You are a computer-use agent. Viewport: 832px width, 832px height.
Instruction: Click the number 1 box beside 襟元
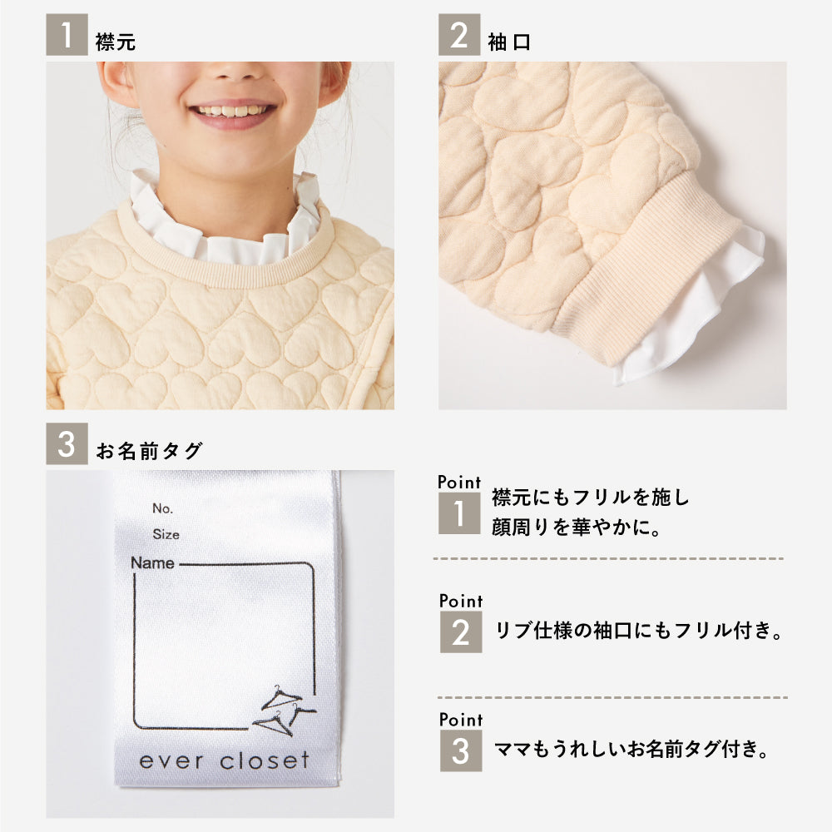(x=67, y=34)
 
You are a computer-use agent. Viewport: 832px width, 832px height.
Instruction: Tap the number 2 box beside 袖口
(x=459, y=34)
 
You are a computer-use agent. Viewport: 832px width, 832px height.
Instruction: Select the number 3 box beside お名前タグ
(x=67, y=443)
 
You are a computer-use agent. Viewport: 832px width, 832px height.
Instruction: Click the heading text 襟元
(x=116, y=42)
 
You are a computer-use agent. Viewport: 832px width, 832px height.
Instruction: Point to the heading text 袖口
(x=509, y=42)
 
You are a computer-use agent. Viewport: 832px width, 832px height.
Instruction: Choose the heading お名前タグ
(x=149, y=451)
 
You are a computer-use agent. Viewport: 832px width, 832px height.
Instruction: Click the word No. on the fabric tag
(x=162, y=508)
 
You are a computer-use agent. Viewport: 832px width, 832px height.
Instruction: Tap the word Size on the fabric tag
(x=166, y=534)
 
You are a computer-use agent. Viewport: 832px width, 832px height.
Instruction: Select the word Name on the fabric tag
(x=152, y=563)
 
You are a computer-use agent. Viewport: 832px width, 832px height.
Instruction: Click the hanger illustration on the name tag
(x=285, y=711)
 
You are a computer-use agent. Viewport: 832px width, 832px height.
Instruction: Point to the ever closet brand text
(x=224, y=761)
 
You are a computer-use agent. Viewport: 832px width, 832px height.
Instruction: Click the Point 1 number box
(x=459, y=513)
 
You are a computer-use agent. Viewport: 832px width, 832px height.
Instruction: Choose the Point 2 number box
(x=461, y=632)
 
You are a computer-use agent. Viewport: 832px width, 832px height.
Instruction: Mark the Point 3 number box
(x=461, y=750)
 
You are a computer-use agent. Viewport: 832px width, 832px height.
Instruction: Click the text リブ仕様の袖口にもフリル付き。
(x=638, y=631)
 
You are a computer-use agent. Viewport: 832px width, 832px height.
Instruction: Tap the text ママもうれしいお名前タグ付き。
(x=631, y=750)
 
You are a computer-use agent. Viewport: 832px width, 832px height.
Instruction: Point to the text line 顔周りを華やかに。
(x=577, y=527)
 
